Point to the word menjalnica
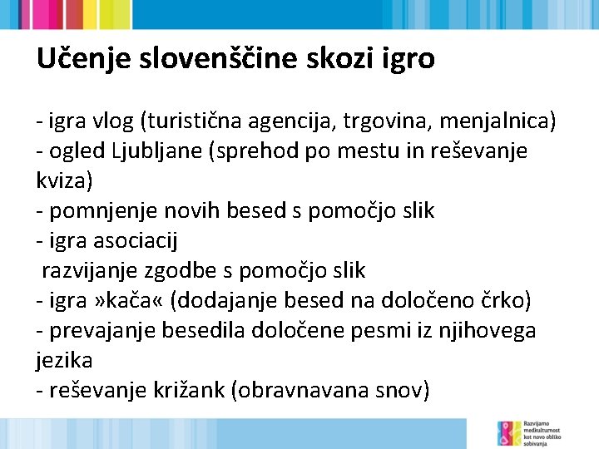click(x=495, y=121)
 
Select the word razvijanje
click(x=91, y=270)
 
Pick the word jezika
click(x=64, y=360)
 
